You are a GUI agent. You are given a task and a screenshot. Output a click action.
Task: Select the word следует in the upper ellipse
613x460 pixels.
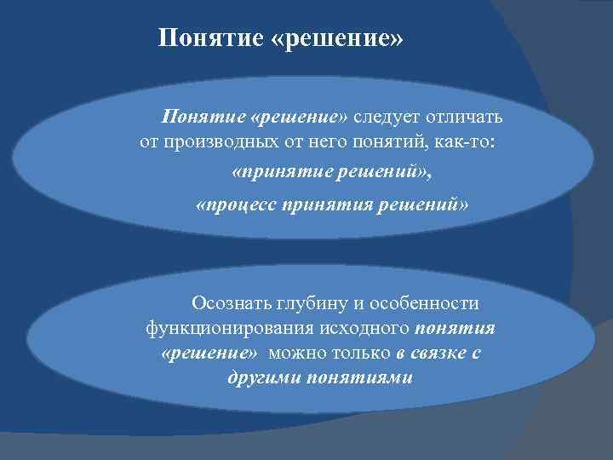click(389, 116)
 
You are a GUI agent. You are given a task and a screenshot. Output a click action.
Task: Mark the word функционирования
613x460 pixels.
click(219, 328)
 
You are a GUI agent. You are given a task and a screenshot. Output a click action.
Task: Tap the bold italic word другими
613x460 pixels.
click(261, 377)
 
